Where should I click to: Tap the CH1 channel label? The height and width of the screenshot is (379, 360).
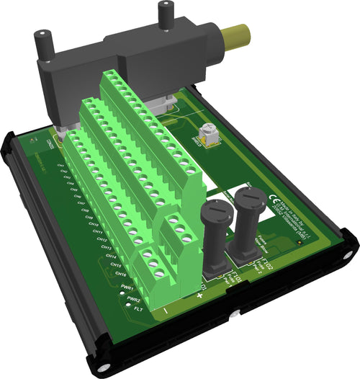(x=61, y=165)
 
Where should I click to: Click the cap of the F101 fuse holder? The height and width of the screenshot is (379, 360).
(x=215, y=211)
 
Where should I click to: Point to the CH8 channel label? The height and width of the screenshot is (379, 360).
(x=89, y=217)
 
